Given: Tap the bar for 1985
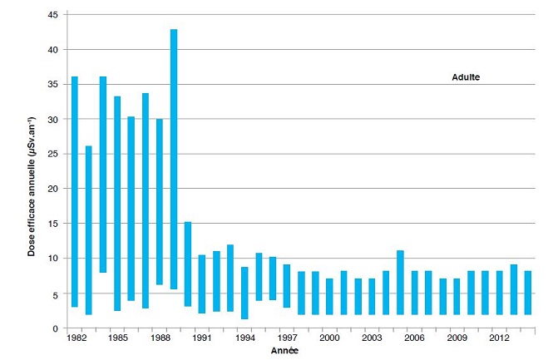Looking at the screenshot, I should [x=117, y=204].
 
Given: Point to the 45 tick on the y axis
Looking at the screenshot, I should [x=52, y=15].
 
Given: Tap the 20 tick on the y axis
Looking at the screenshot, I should [x=52, y=189].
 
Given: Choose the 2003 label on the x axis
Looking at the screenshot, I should [x=371, y=338].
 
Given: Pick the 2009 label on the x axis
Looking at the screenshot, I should [x=456, y=338].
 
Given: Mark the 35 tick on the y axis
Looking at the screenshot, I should [x=52, y=85].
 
